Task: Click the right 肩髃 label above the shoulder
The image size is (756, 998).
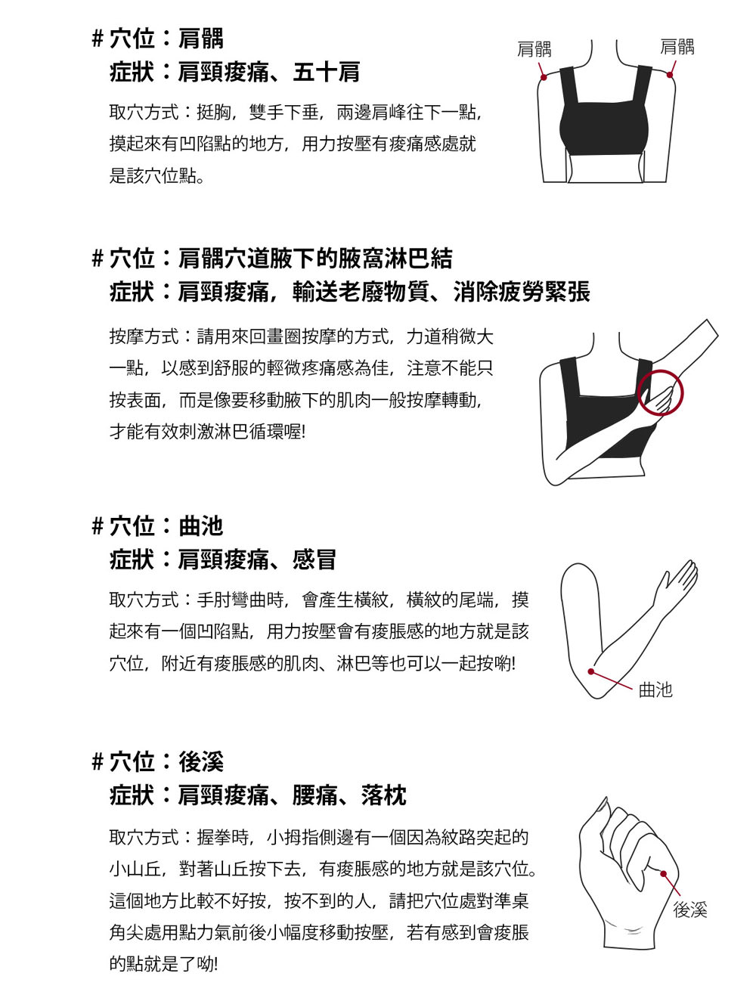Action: coord(677,47)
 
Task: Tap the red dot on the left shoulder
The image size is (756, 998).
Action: coord(543,76)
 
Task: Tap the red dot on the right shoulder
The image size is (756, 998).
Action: coord(671,76)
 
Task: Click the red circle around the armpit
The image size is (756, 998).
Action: coord(660,393)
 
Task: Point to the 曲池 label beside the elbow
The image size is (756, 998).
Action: coord(655,690)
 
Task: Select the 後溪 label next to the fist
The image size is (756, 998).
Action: coord(690,910)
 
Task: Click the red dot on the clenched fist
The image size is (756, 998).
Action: coord(663,874)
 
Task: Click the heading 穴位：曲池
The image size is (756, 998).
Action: coord(166,526)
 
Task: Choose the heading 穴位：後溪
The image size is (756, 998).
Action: coord(166,761)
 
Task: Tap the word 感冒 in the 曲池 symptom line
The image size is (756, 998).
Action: coord(314,560)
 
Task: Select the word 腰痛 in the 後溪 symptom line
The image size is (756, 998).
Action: coord(314,795)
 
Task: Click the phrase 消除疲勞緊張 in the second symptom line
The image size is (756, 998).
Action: coord(522,293)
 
